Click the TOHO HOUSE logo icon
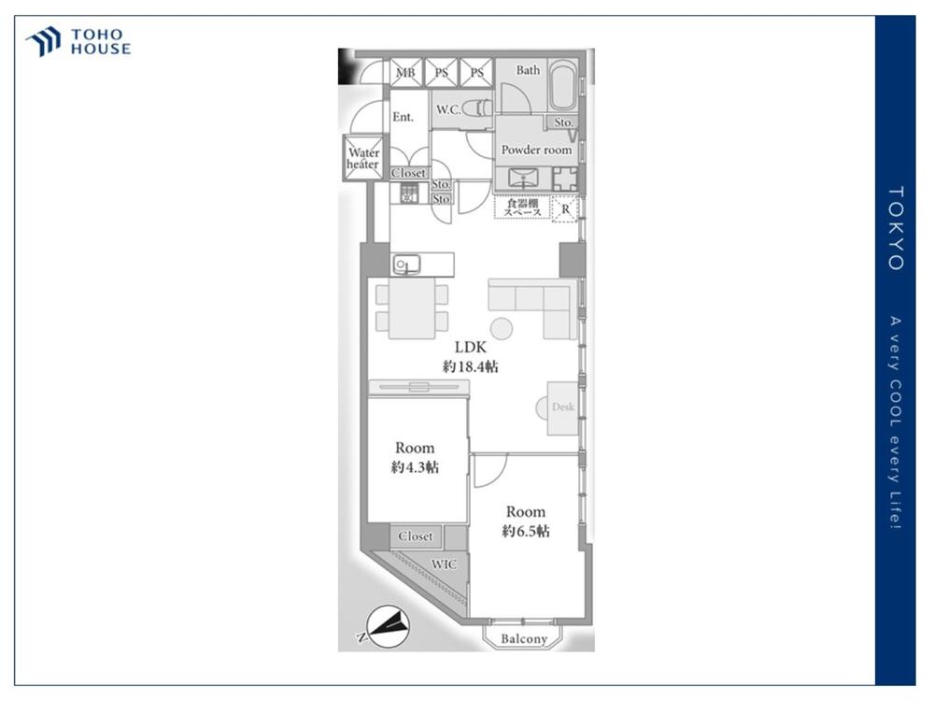[43, 41]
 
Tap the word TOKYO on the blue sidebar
[896, 228]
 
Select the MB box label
[405, 73]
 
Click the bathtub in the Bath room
[562, 85]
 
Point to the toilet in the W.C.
[477, 108]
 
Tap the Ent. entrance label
[403, 117]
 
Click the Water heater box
[362, 158]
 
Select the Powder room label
[536, 150]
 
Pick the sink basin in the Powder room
[523, 179]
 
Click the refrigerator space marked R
[565, 209]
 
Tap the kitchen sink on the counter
[406, 265]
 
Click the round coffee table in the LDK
[502, 328]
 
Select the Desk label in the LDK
[563, 408]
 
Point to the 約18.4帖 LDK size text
[471, 366]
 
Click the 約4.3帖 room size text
[416, 466]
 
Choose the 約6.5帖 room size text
[525, 531]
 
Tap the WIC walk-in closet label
[445, 564]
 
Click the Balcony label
[524, 638]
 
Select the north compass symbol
[387, 627]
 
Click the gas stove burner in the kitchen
[409, 193]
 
